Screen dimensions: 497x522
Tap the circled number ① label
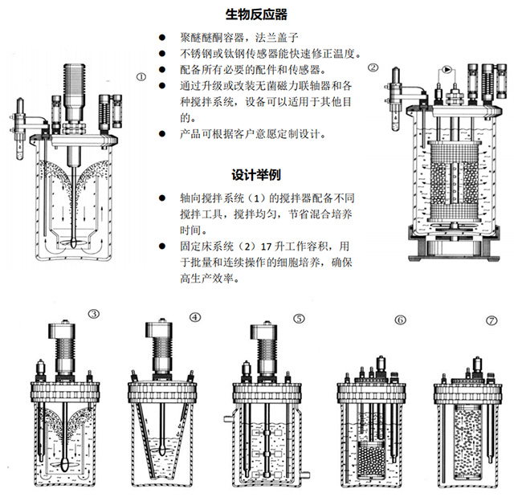click(x=141, y=77)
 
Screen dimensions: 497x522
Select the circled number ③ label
click(x=94, y=315)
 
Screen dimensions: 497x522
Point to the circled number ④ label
click(x=195, y=316)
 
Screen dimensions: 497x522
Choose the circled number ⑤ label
click(x=299, y=318)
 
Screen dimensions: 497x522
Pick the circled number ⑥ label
click(x=399, y=320)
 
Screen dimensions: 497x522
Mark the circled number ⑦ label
click(x=491, y=320)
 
